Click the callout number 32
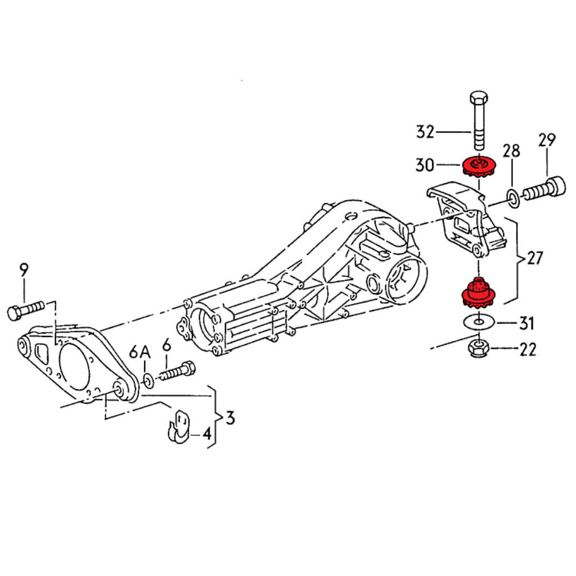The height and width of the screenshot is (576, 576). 425,132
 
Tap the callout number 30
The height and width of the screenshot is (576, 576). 425,165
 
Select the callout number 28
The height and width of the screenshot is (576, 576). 511,151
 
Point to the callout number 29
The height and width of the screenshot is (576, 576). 546,140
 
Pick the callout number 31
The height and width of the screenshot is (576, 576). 526,323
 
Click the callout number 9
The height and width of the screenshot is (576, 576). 23,271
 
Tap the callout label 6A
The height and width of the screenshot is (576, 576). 141,353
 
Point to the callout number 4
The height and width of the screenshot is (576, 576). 206,434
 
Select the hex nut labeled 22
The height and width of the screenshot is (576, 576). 478,349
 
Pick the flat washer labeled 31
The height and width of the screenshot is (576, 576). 478,322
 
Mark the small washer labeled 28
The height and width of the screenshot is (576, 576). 513,196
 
